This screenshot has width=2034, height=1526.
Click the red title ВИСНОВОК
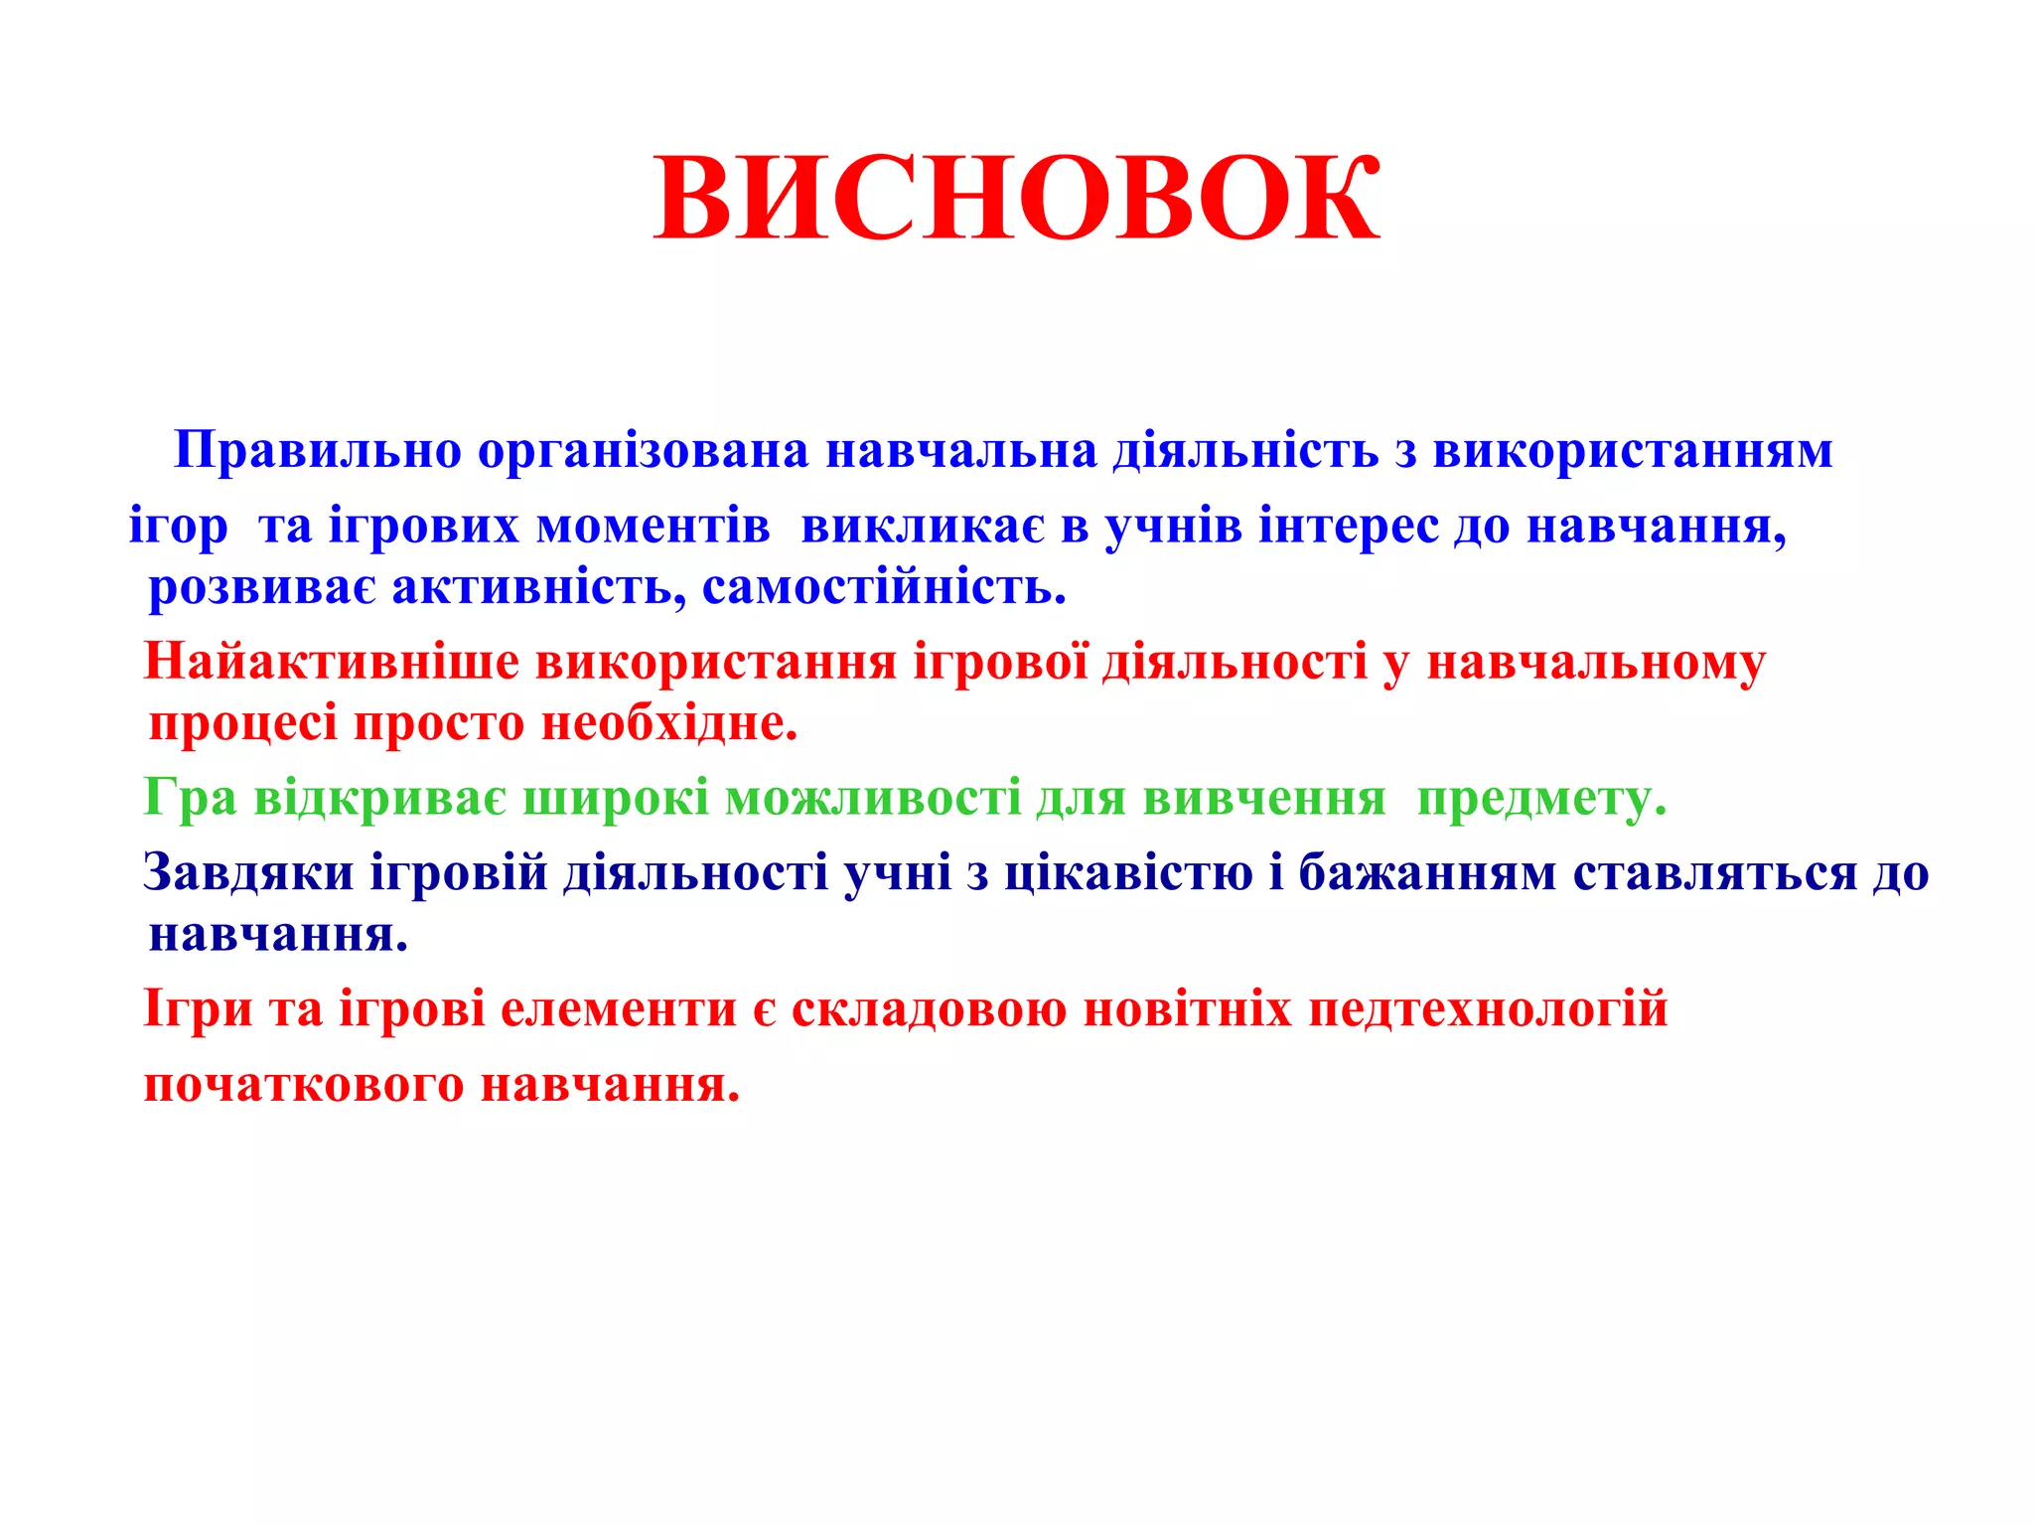(x=1016, y=199)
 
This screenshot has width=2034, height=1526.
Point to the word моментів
(x=653, y=526)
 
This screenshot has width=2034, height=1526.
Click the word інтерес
(x=1348, y=527)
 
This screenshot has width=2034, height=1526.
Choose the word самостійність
(x=884, y=587)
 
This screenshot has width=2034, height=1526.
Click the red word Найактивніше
(x=332, y=662)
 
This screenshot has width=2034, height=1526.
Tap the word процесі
(x=243, y=724)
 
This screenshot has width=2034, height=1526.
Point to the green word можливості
(x=873, y=798)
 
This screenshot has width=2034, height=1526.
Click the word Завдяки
(x=248, y=873)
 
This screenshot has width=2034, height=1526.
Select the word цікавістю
(x=1128, y=873)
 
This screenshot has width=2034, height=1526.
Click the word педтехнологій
(x=1488, y=1009)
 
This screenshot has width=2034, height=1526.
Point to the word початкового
(x=304, y=1085)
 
